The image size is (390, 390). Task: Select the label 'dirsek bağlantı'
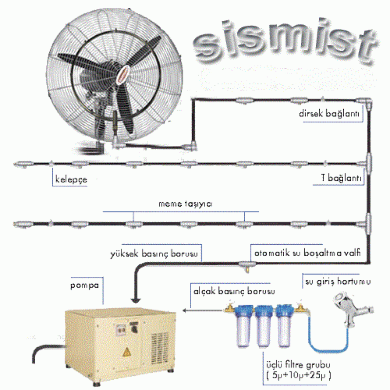pos(329,114)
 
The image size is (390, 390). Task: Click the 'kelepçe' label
pos(71,179)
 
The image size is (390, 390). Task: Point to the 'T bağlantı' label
pos(341,177)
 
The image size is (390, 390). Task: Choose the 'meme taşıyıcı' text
pos(185,204)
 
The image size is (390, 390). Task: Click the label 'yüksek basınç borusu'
pos(154,253)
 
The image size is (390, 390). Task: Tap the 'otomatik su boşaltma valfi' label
pos(308,253)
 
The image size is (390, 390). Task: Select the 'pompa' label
pos(84,285)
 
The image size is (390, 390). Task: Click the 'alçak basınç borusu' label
pos(234,291)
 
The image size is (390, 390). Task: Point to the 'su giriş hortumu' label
pos(338,282)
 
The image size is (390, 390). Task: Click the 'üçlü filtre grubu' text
pos(298,365)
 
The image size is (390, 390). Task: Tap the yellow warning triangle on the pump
pos(126,352)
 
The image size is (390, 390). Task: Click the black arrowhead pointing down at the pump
pos(136,300)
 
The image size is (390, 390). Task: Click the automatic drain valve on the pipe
pos(247,266)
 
